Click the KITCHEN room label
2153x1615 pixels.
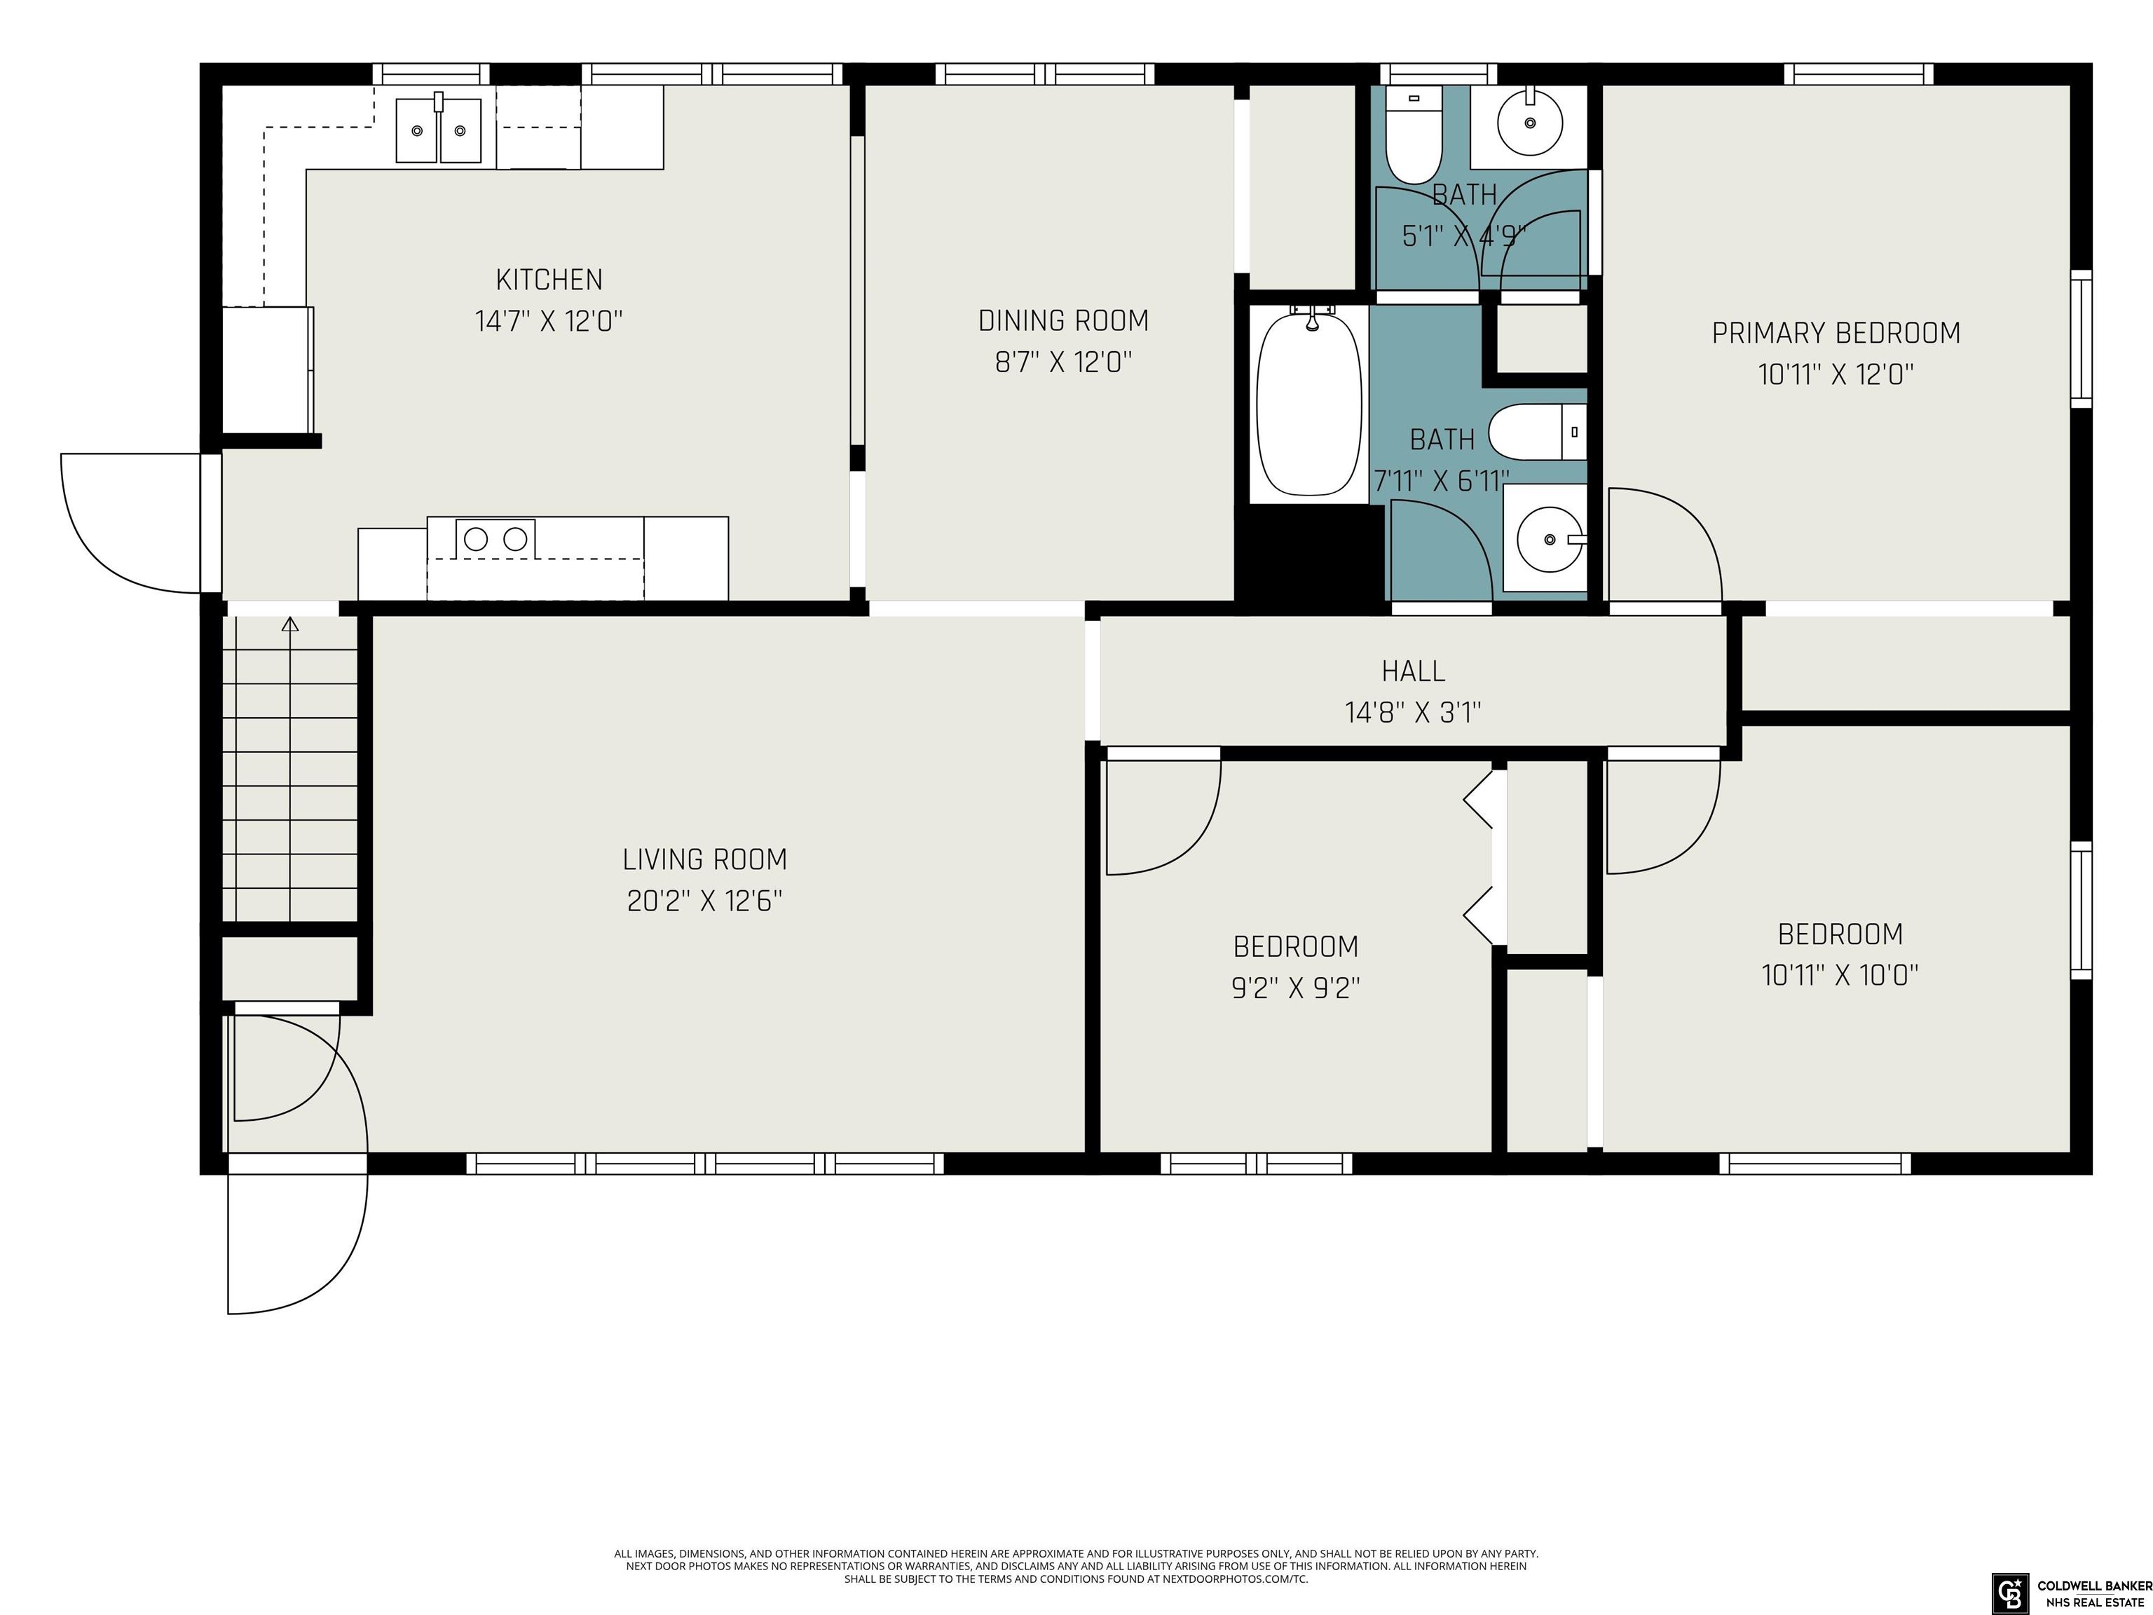[x=549, y=280]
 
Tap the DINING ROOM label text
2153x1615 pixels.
[x=1063, y=320]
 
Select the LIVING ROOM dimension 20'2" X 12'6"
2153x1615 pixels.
[x=704, y=901]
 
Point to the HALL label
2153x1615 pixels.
[x=1414, y=671]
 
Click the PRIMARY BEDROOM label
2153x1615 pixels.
[x=1836, y=333]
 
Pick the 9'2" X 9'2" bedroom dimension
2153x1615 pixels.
[x=1295, y=988]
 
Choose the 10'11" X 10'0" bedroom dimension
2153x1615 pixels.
[x=1840, y=976]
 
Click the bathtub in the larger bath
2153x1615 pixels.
[x=1309, y=404]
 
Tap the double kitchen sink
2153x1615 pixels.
[x=438, y=130]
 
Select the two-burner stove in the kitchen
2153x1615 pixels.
[x=495, y=538]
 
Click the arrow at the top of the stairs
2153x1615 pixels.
[x=290, y=624]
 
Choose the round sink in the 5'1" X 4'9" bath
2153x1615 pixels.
[x=1530, y=123]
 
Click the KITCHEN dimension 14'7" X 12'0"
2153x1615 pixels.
[x=549, y=321]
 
